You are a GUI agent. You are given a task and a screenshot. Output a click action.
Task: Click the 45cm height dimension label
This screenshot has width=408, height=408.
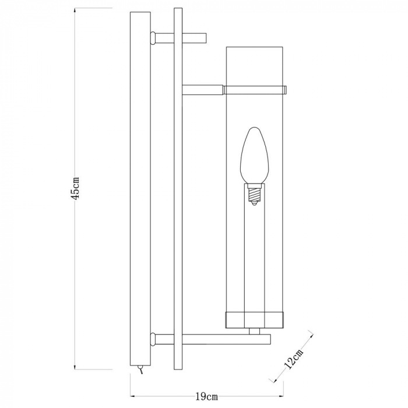75,188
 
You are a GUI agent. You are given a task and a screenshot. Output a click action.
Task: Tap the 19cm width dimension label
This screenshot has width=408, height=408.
206,396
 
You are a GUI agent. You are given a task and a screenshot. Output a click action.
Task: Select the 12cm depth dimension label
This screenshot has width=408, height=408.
294,359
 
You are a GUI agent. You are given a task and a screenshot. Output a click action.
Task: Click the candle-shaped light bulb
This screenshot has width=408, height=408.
254,156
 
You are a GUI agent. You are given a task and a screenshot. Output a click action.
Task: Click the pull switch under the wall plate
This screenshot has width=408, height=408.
140,370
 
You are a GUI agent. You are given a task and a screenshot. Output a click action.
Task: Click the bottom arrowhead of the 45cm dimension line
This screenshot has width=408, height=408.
75,366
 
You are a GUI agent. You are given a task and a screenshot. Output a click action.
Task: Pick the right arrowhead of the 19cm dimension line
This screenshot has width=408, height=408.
281,396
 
